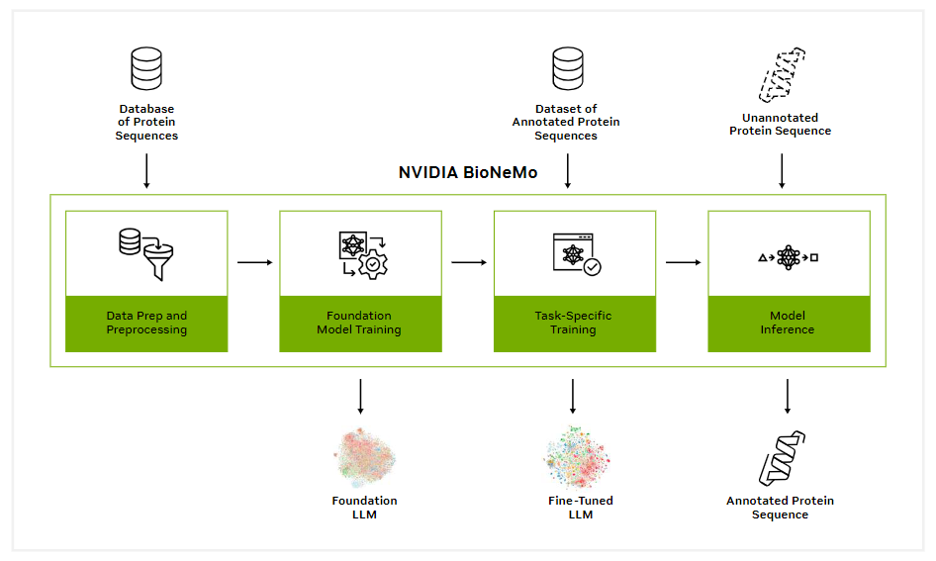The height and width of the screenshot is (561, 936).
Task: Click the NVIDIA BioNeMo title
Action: pos(468,172)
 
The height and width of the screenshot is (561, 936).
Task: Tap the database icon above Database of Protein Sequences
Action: pos(146,68)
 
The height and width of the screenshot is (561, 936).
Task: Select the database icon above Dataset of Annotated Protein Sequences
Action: pos(568,68)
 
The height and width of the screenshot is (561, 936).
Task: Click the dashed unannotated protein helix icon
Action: pos(782,75)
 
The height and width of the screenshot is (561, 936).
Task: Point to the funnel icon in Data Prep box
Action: pos(158,262)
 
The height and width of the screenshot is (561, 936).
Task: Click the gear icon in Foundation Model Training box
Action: pos(373,264)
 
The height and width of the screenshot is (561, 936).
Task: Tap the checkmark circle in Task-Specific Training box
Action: pos(592,267)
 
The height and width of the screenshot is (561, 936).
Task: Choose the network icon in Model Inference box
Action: pos(788,258)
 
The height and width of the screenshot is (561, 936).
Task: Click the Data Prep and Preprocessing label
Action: pos(146,323)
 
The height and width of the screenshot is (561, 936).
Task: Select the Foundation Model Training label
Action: pos(359,323)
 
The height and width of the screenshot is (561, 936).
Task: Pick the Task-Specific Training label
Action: pos(573,323)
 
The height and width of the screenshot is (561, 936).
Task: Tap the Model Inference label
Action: pos(788,323)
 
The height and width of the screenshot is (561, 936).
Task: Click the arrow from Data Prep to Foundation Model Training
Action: pos(255,262)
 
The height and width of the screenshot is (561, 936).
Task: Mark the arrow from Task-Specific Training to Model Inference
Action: pos(684,262)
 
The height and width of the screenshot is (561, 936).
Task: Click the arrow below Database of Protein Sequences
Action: pos(146,171)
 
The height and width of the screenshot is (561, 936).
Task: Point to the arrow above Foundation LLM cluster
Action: pos(360,397)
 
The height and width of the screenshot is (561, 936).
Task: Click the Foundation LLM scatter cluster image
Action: pos(364,457)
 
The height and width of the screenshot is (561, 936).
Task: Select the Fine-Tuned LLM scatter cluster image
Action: pos(577,457)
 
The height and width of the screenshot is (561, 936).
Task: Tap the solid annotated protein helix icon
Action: pos(782,458)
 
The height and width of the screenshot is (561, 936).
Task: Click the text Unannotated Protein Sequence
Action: pos(781,124)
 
